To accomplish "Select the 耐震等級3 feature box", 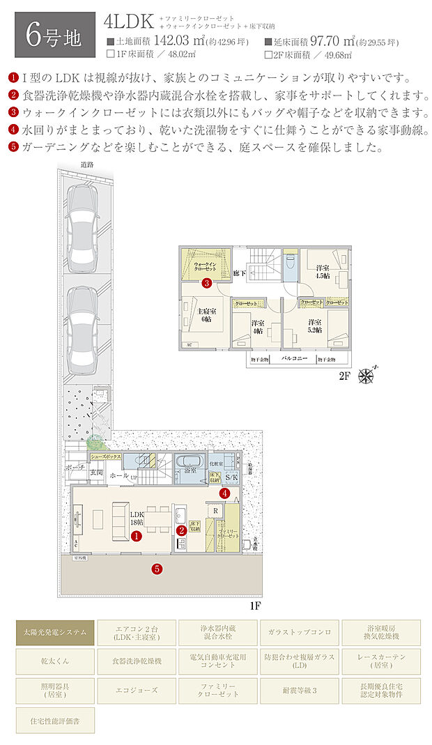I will tap(300, 689).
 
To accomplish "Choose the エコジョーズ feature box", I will tap(137, 689).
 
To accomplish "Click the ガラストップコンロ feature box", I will tap(300, 632).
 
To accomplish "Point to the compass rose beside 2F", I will tap(366, 376).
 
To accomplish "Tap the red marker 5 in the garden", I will tap(157, 568).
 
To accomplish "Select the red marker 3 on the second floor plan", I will tap(206, 284).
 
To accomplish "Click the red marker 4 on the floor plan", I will tap(224, 493).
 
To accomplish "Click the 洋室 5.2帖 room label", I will tap(316, 326).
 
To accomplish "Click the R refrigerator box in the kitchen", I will tap(215, 510).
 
